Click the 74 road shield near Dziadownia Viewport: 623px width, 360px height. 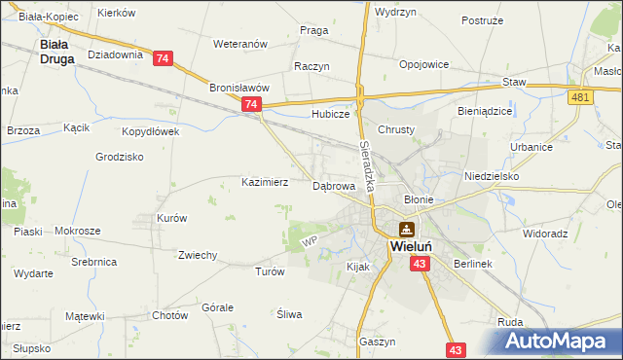pos(162,59)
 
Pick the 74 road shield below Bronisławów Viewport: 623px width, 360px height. pos(251,104)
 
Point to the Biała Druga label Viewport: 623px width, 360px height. pos(53,51)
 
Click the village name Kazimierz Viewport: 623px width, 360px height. pos(264,182)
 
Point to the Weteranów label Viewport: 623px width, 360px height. pos(239,45)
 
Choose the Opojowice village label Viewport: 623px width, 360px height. pos(423,64)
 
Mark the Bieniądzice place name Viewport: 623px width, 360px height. pos(485,111)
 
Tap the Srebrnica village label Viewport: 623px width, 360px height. pos(93,263)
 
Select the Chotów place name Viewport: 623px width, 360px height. pos(169,315)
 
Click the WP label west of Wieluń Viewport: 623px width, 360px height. pos(311,240)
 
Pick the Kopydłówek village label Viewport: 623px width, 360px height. pos(150,130)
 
